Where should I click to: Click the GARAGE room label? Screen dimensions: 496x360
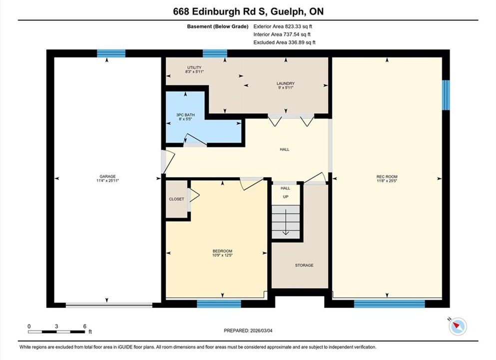(x=107, y=176)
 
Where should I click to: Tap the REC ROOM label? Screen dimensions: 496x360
(x=387, y=176)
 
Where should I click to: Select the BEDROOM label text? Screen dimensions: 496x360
(x=222, y=251)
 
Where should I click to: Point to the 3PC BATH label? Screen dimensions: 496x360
(x=185, y=115)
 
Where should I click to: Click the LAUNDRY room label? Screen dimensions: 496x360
(x=285, y=83)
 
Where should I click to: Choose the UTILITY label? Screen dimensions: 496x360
(x=194, y=67)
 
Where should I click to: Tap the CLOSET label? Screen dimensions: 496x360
(x=176, y=199)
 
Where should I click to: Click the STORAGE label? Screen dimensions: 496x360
(x=304, y=265)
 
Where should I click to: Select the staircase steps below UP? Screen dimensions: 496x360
(x=286, y=222)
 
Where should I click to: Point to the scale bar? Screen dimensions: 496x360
(x=56, y=332)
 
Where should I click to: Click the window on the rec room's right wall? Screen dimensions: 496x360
(x=446, y=95)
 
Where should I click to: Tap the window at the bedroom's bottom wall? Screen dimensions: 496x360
(x=219, y=303)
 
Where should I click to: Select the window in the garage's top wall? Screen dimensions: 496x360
(x=111, y=53)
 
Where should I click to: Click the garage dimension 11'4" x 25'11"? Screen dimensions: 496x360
(x=107, y=181)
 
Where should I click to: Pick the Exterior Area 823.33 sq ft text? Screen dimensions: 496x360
(x=283, y=26)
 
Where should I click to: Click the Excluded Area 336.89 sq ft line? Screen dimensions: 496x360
(x=284, y=42)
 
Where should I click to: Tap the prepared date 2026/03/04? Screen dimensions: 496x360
(x=248, y=330)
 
